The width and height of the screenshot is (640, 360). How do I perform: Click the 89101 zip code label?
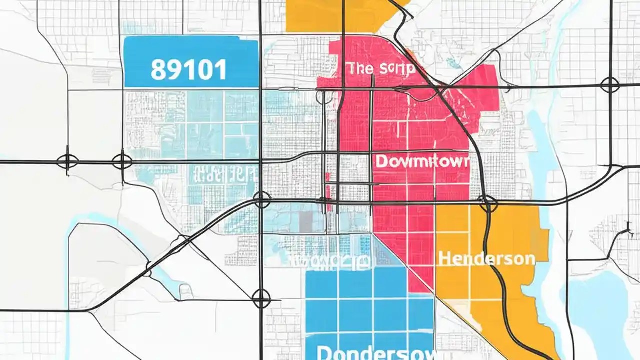coord(188,69)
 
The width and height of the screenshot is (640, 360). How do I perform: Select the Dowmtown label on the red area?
coord(422,161)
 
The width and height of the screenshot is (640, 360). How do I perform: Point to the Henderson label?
coord(486,259)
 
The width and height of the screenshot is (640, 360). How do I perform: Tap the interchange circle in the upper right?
coord(610,85)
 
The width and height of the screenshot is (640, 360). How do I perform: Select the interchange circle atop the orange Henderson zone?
coord(488,203)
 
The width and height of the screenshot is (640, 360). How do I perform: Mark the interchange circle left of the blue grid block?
coord(261,299)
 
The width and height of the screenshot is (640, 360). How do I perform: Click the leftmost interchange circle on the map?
coord(67,161)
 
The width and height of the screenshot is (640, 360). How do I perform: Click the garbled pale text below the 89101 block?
coord(225,175)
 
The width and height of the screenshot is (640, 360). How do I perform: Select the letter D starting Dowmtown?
coord(381,161)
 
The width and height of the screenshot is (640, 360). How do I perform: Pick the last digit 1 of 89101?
coord(220,69)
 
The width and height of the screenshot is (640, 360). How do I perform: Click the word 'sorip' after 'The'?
coord(395,69)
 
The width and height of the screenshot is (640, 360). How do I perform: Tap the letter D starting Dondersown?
coord(325,353)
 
